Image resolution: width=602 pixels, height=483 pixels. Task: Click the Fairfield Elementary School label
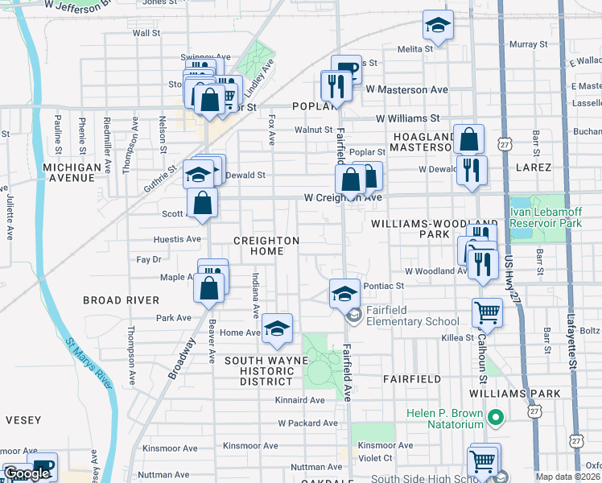(x=413, y=316)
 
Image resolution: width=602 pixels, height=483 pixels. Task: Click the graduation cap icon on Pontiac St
(x=344, y=293)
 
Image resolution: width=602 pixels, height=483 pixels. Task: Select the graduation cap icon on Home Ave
(x=277, y=328)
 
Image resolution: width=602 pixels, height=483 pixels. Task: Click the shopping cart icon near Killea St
(x=487, y=312)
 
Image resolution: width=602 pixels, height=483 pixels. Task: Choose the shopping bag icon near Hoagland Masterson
(x=468, y=140)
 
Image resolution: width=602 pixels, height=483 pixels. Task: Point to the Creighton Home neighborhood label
(x=266, y=246)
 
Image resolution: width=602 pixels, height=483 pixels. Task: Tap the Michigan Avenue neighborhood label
(x=73, y=172)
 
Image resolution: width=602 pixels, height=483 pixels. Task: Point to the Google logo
(x=27, y=473)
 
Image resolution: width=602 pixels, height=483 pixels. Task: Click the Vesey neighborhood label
(x=23, y=419)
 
